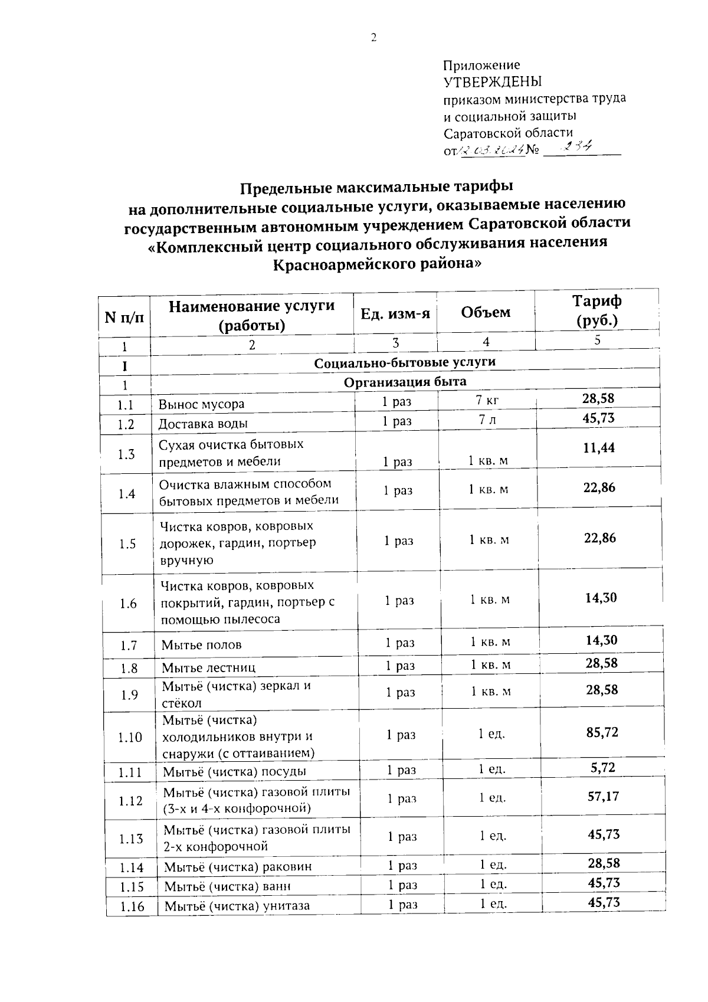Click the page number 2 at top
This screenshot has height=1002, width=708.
point(373,38)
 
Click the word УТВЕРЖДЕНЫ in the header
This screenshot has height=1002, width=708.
point(492,81)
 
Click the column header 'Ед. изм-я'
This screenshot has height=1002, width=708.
point(395,313)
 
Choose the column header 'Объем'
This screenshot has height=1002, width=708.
point(486,312)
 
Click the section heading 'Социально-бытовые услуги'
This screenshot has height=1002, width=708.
point(405,362)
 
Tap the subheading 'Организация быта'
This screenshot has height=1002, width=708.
point(405,382)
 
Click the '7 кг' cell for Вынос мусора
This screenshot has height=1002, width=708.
point(487,401)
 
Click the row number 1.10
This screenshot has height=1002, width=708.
point(130,737)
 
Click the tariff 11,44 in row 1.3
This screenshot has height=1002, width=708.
point(599,448)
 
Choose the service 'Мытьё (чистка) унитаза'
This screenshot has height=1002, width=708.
point(237,906)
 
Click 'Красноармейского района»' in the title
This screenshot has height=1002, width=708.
point(377,264)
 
